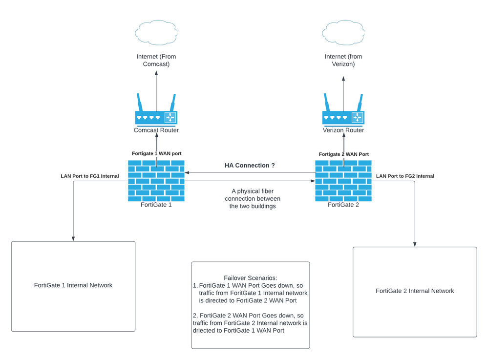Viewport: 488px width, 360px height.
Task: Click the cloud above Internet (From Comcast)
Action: tap(156, 33)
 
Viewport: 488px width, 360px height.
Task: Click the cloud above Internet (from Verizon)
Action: tap(343, 33)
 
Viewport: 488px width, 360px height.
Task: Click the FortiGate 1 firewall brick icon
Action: tap(156, 180)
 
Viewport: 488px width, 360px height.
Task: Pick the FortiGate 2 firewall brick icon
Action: tap(343, 180)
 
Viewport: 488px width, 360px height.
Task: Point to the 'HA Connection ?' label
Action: tap(250, 166)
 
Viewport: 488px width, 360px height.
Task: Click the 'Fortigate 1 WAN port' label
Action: tap(156, 153)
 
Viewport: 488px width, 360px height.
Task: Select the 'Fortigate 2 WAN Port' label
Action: tap(343, 154)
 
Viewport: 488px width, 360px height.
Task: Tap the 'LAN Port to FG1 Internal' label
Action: tap(89, 176)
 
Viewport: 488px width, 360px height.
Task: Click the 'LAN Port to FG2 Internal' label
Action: tap(405, 176)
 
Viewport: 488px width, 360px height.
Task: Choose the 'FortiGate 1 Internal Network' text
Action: tap(73, 285)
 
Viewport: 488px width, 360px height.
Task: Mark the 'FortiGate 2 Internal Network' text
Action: tap(415, 291)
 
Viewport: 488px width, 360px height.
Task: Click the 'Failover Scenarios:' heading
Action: tap(250, 277)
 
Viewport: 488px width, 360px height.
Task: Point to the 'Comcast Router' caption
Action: tap(156, 130)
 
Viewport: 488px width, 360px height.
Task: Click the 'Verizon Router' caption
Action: tap(343, 130)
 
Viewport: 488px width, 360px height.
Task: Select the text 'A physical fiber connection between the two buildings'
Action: tap(253, 198)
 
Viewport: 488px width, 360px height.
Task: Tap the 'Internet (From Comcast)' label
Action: tap(156, 60)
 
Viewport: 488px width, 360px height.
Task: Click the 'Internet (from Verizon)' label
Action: tap(343, 60)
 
